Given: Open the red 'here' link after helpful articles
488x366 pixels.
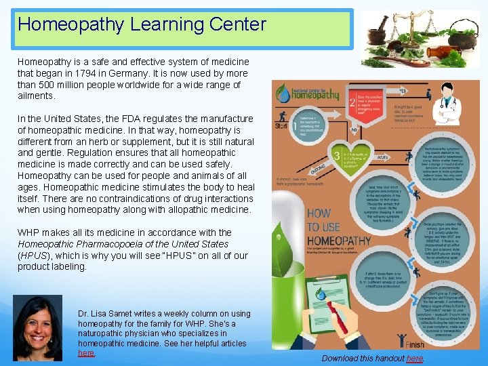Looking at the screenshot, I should point(86,353).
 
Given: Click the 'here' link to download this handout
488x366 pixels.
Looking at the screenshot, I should point(415,358).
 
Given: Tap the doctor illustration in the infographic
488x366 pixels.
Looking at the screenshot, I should point(449,102).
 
